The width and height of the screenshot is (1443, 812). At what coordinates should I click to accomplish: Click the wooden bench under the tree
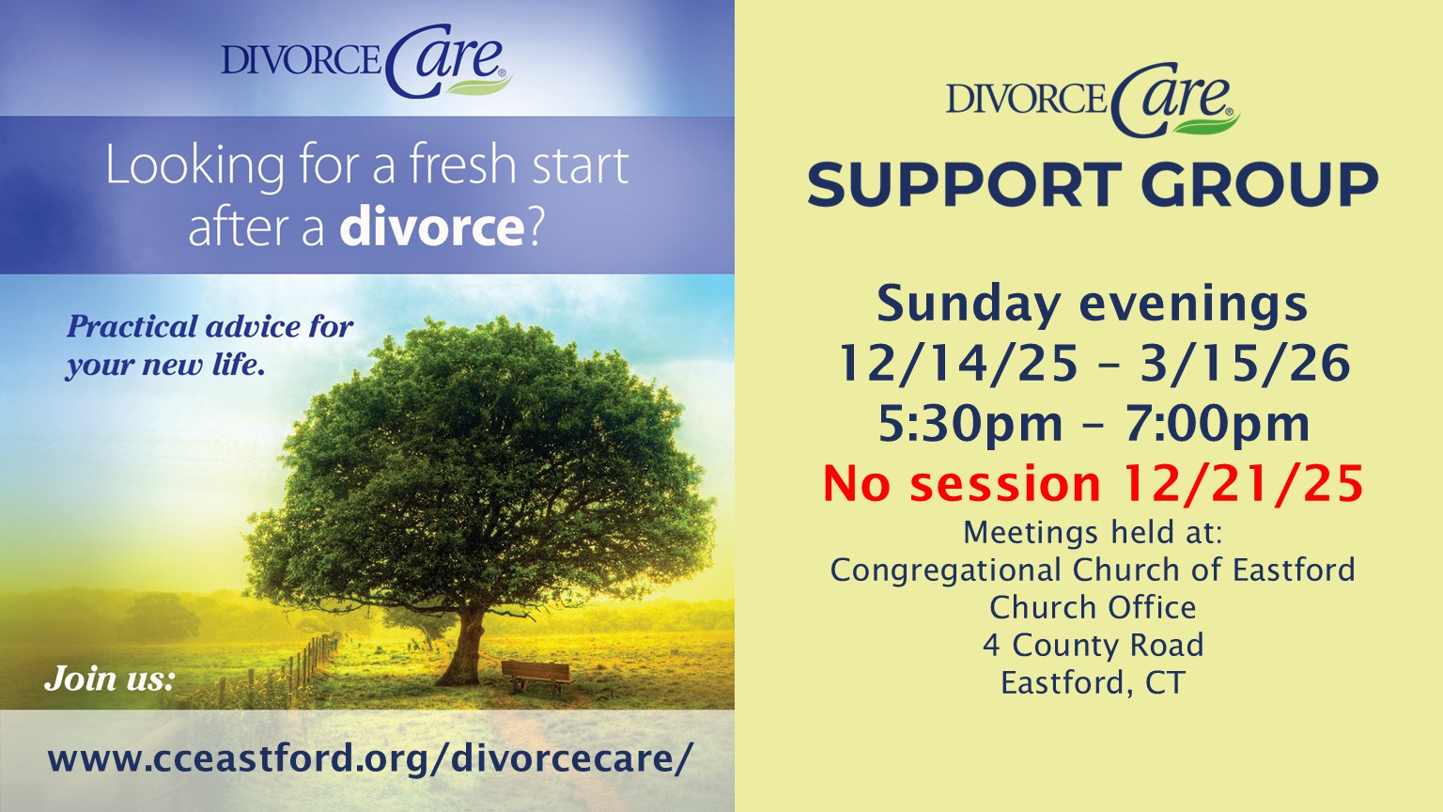pyautogui.click(x=536, y=677)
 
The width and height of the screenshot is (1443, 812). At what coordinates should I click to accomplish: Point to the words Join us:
pyautogui.click(x=110, y=678)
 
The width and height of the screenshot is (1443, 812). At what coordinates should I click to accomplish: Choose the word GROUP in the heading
pyautogui.click(x=1260, y=184)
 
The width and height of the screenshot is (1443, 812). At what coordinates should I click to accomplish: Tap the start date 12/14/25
pyautogui.click(x=958, y=363)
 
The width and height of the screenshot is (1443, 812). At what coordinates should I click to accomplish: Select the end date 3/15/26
pyautogui.click(x=1245, y=363)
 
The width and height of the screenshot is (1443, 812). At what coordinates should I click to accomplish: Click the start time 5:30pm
pyautogui.click(x=970, y=424)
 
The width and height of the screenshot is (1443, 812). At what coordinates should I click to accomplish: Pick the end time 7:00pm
pyautogui.click(x=1218, y=424)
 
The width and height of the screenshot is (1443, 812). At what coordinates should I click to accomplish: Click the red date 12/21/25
pyautogui.click(x=1243, y=483)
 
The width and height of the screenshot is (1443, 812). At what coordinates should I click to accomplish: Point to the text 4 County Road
pyautogui.click(x=1094, y=645)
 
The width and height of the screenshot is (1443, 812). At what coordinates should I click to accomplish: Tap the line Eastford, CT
pyautogui.click(x=1094, y=683)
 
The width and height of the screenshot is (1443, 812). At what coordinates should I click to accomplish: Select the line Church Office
pyautogui.click(x=1094, y=608)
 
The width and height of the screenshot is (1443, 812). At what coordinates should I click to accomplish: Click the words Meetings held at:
pyautogui.click(x=1094, y=533)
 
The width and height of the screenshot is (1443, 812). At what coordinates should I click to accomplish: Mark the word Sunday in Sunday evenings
pyautogui.click(x=969, y=305)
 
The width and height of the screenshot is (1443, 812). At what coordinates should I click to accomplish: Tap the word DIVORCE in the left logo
pyautogui.click(x=302, y=59)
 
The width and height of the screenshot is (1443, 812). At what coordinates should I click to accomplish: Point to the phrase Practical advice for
pyautogui.click(x=210, y=327)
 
